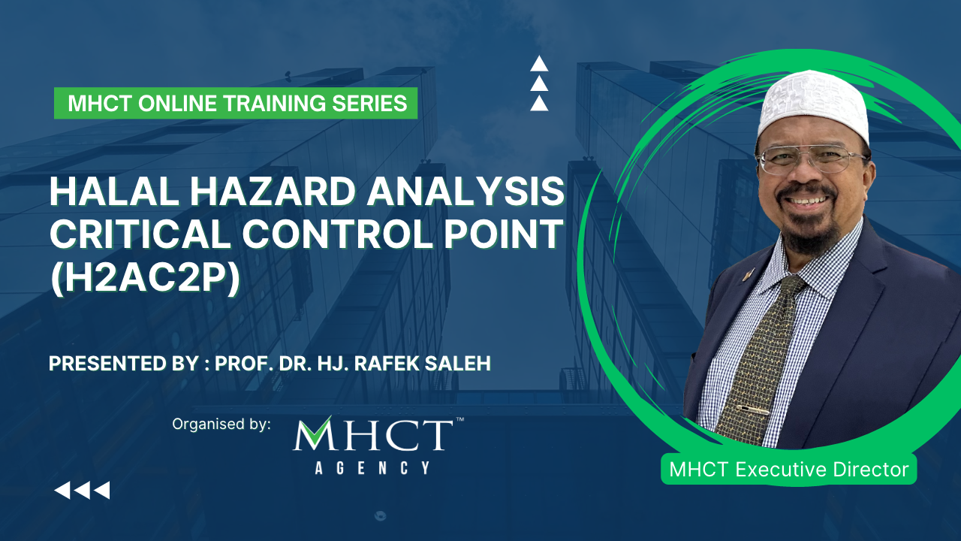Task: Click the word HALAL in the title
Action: click(x=114, y=192)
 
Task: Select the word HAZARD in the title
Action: click(x=271, y=192)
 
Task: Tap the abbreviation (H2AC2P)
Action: click(x=145, y=279)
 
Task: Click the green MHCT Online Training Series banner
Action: click(x=236, y=103)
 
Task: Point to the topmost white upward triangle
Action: click(x=539, y=64)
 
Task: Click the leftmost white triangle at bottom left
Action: click(x=62, y=491)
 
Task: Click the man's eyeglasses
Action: click(x=811, y=159)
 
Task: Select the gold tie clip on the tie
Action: click(x=752, y=410)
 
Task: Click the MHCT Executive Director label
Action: click(x=788, y=470)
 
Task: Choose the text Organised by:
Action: click(x=221, y=425)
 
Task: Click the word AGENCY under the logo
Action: click(x=372, y=468)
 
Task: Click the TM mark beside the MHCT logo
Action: click(x=459, y=419)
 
